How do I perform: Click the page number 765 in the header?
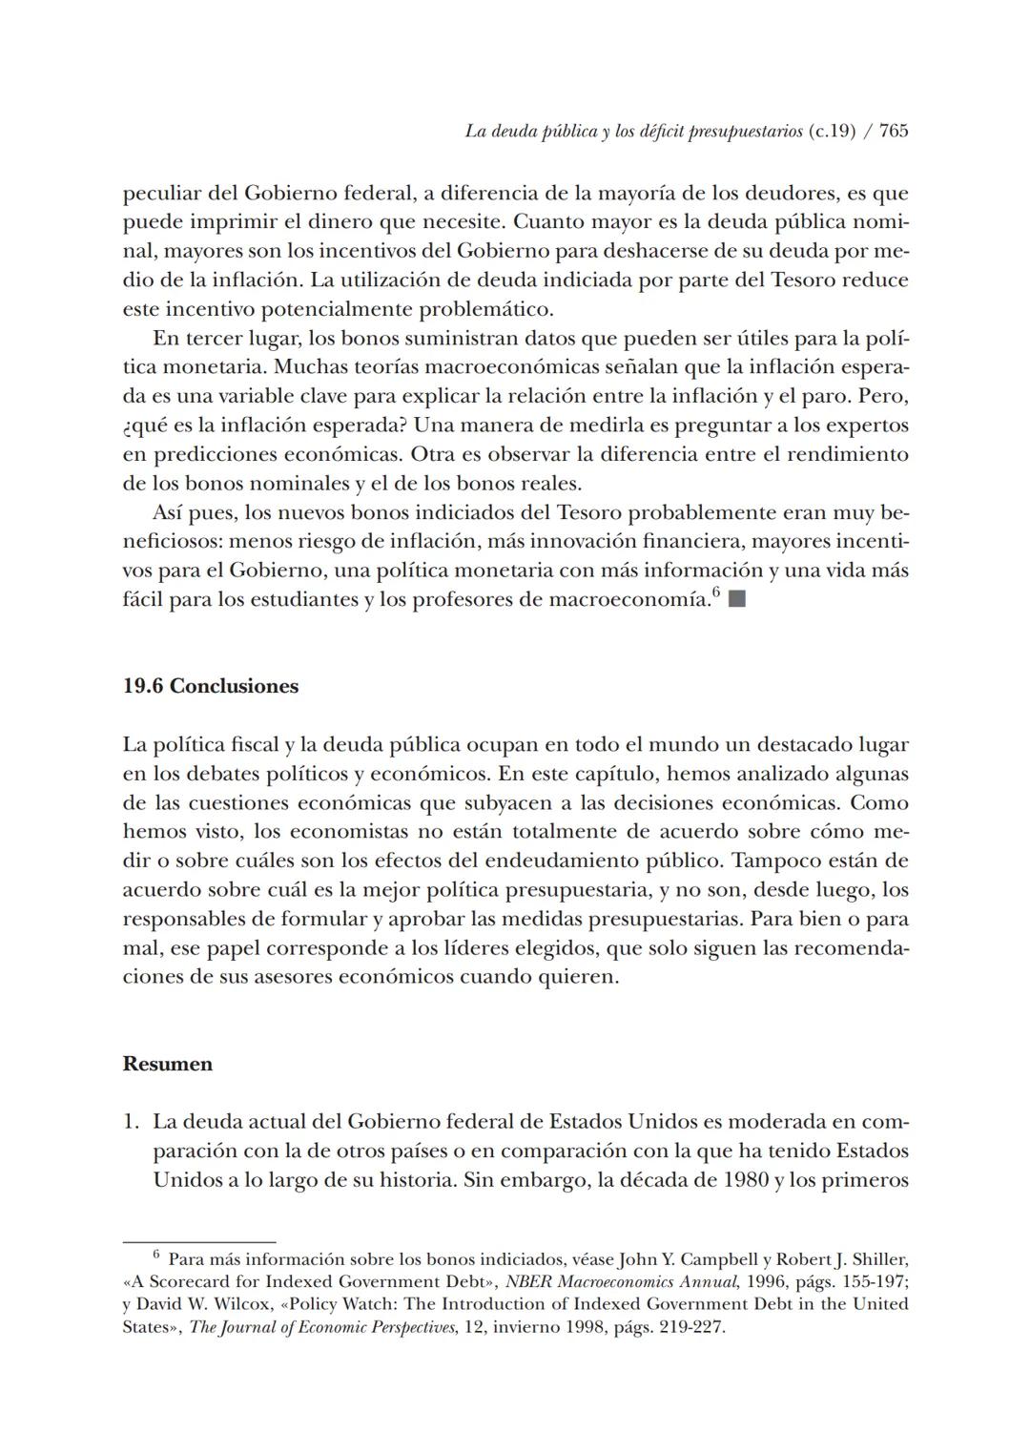tap(894, 132)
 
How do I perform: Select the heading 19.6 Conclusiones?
tap(210, 686)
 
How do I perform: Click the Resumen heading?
tap(167, 1064)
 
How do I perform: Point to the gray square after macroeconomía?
tap(736, 599)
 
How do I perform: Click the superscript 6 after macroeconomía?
tap(716, 593)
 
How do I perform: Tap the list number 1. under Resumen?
tap(132, 1122)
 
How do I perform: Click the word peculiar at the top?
tap(161, 194)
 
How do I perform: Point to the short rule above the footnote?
tap(198, 1242)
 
